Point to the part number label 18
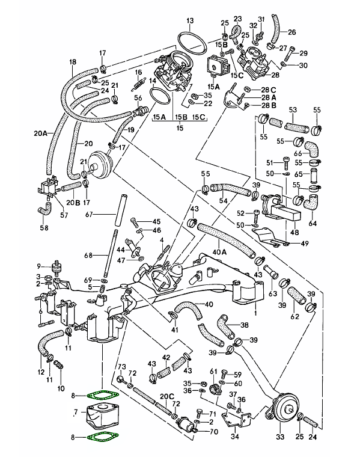click(73, 62)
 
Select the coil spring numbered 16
click(139, 82)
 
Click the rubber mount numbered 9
click(55, 266)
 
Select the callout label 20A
click(40, 133)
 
